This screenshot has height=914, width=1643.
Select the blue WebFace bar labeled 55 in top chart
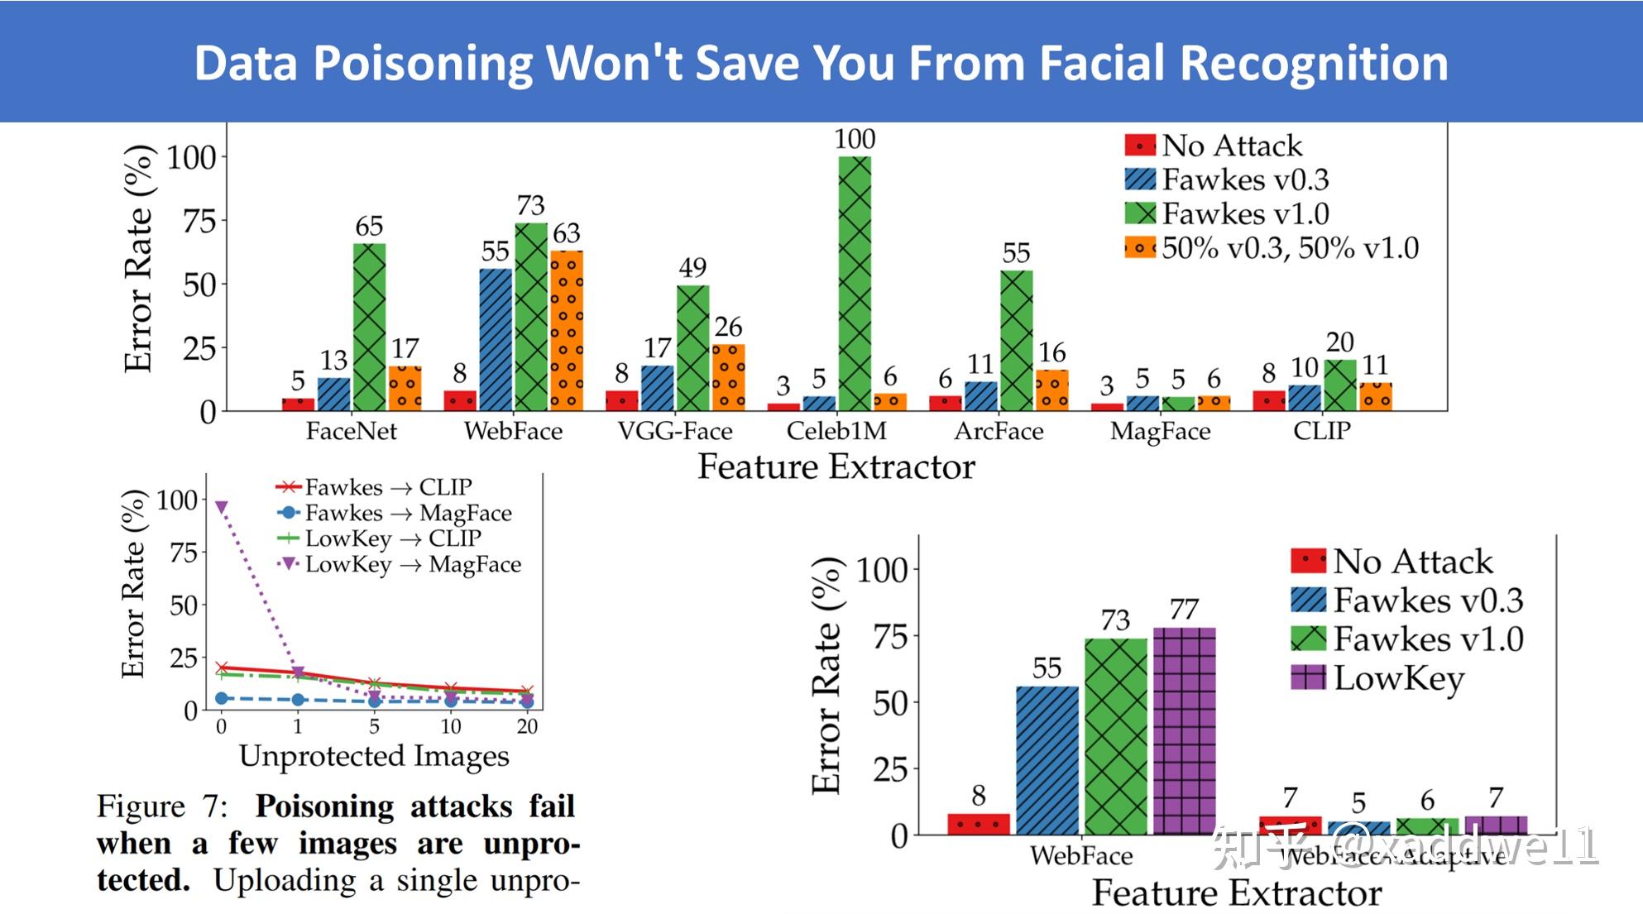495,339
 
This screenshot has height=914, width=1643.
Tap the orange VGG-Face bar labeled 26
728,377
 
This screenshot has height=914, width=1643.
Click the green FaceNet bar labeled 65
369,327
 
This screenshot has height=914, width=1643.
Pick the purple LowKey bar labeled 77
1184,730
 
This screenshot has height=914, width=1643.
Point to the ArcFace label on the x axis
999,431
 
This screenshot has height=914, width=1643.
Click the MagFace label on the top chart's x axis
1160,431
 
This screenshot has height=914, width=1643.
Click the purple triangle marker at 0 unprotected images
221,507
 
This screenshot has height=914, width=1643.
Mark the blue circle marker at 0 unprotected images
221,698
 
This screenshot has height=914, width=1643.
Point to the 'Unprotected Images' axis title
374,755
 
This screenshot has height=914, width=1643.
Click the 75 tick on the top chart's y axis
199,222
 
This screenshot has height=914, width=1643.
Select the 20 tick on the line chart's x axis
527,726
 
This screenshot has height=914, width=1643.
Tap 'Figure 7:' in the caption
161,806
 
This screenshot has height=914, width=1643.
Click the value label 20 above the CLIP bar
1339,342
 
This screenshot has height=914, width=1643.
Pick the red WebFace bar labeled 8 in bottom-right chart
978,824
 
